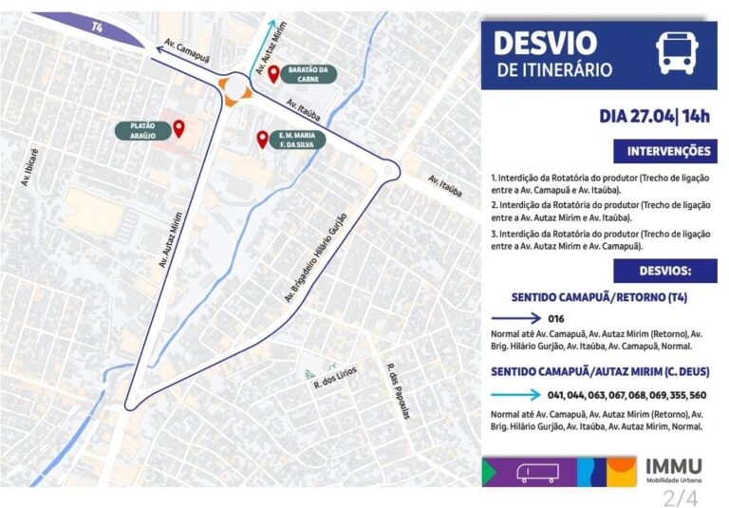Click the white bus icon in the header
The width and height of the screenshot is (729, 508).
click(678, 52)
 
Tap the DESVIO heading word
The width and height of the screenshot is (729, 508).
click(545, 43)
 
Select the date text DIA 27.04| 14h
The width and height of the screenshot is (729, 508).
click(654, 117)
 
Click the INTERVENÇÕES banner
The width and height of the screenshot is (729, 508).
click(668, 151)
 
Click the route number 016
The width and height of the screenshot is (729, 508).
click(557, 318)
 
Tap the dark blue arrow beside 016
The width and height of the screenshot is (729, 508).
click(516, 318)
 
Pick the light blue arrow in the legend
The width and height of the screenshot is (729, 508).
click(516, 394)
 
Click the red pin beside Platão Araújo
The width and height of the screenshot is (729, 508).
click(178, 128)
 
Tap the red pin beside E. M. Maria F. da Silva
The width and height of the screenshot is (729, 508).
click(263, 140)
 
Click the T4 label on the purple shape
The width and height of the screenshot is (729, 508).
click(97, 28)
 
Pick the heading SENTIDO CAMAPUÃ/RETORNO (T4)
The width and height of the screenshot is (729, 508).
click(599, 297)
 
